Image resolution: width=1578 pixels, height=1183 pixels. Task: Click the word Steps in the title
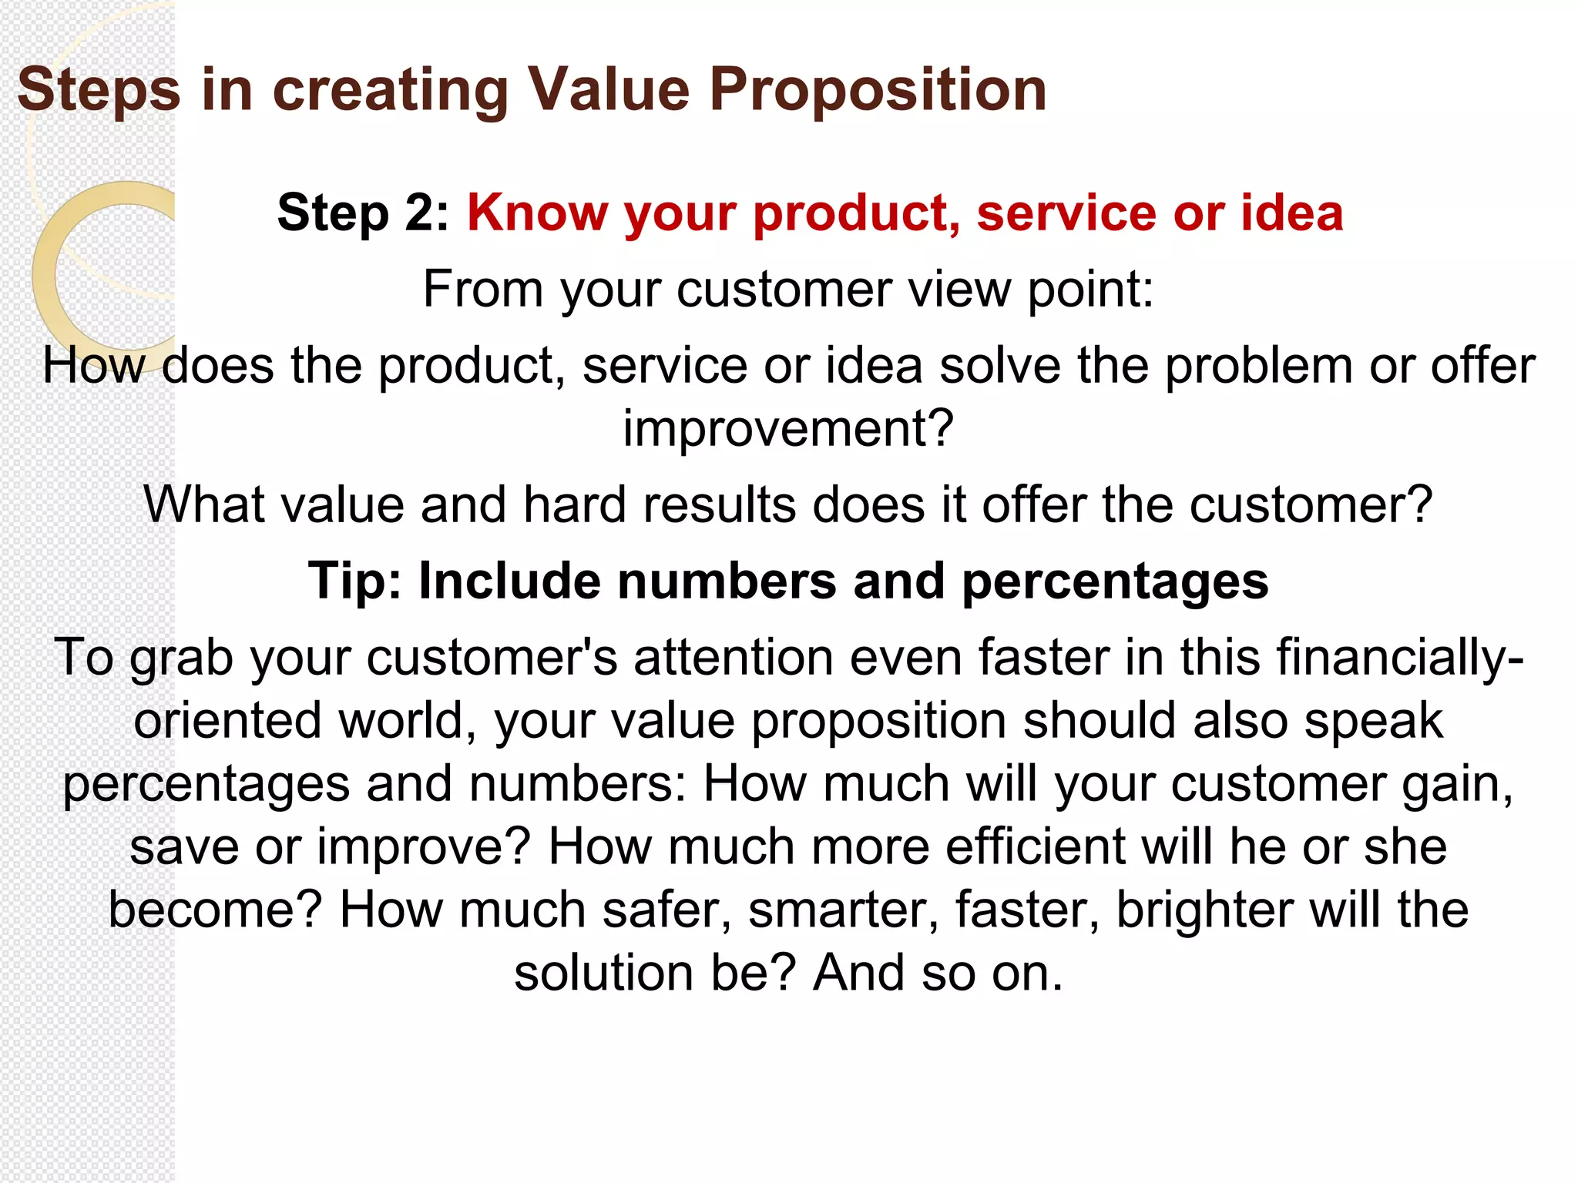pyautogui.click(x=99, y=90)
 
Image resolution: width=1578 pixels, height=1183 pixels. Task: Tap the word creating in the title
pyautogui.click(x=391, y=90)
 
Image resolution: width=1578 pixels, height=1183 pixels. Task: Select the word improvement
pyautogui.click(x=787, y=428)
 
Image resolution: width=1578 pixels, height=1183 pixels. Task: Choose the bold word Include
pyautogui.click(x=509, y=581)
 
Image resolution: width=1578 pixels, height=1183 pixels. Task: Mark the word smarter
pyautogui.click(x=843, y=910)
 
